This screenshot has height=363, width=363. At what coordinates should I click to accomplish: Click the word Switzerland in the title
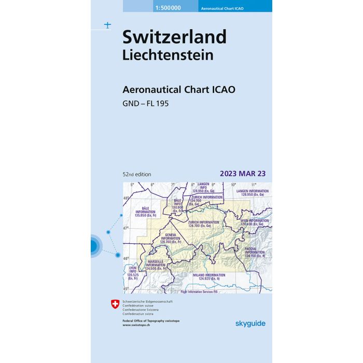tap(174, 37)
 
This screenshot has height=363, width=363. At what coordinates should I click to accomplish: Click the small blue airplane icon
tap(107, 25)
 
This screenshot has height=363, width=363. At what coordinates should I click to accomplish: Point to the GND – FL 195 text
tap(146, 103)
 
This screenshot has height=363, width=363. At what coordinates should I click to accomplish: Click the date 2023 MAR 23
tap(242, 173)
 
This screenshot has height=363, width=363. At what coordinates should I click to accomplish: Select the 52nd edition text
tap(137, 174)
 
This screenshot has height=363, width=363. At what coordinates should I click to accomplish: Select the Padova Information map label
tap(255, 252)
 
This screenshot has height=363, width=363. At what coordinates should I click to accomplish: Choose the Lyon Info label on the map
tap(133, 273)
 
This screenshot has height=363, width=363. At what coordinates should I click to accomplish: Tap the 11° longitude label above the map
tap(254, 185)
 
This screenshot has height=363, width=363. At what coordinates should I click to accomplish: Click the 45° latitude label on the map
tap(126, 289)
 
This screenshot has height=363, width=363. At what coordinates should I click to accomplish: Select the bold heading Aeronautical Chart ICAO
tap(179, 89)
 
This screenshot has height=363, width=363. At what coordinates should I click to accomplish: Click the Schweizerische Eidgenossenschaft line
tap(147, 302)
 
